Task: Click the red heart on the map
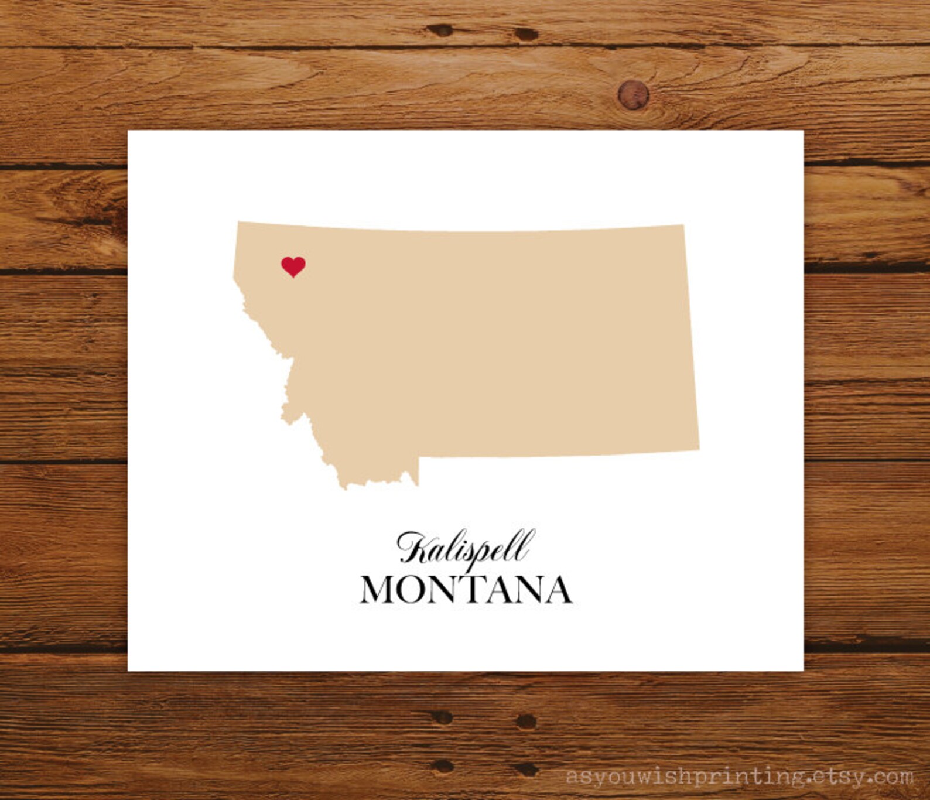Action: [293, 266]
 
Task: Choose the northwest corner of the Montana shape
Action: [238, 221]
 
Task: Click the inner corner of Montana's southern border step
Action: [419, 457]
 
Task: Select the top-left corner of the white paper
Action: [128, 131]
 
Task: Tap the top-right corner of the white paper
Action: [804, 131]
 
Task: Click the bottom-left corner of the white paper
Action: [128, 671]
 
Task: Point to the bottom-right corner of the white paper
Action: [804, 671]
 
